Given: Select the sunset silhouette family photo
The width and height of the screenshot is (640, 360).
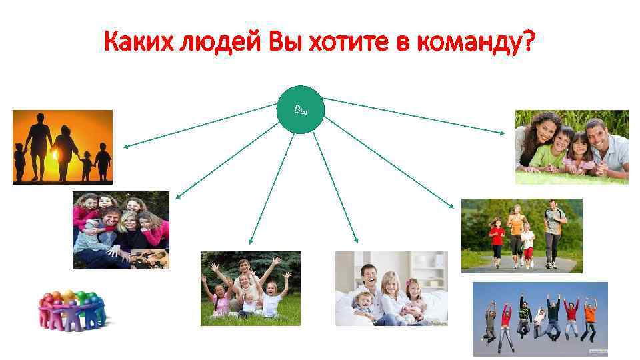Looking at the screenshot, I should point(63,147).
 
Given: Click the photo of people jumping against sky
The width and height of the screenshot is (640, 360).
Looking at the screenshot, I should point(540,319).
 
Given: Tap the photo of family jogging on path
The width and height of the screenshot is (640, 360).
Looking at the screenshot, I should point(521,235).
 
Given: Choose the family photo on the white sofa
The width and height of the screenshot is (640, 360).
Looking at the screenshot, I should point(391,289).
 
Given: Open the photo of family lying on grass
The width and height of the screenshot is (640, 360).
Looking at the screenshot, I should point(571,147).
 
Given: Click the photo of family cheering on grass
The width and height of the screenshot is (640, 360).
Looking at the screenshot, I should point(251,288).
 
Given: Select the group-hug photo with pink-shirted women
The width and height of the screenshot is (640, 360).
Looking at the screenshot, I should point(121,230).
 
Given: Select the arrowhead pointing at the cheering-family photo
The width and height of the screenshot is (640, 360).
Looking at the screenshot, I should point(251,243).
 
